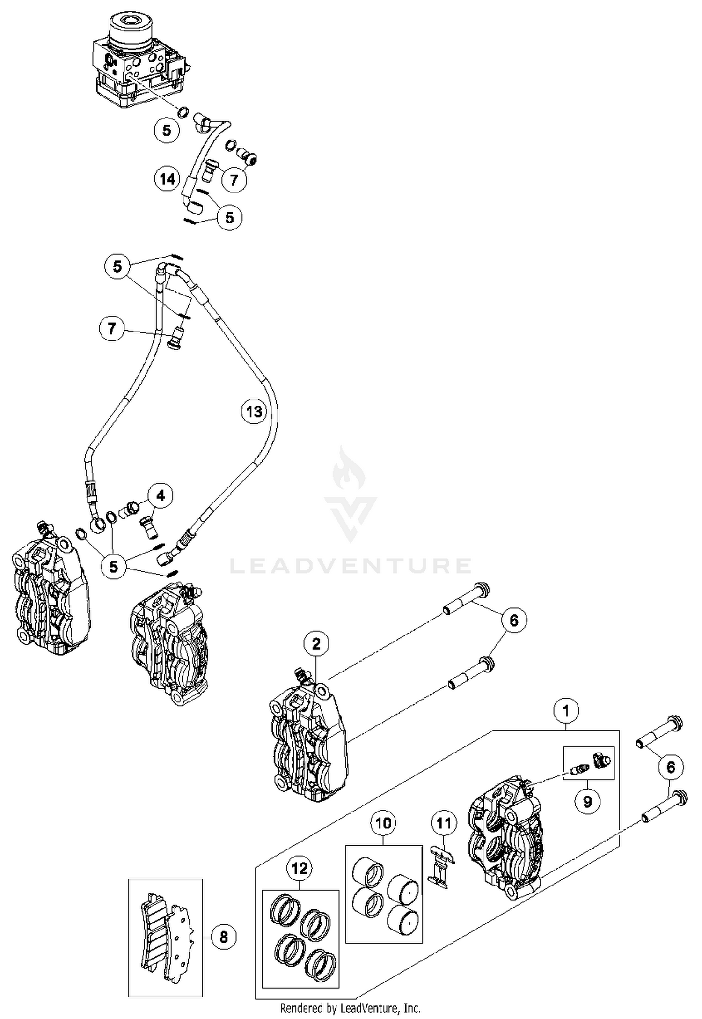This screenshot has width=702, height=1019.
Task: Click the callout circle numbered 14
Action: [x=168, y=179]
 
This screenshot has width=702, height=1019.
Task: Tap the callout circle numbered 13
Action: [x=254, y=412]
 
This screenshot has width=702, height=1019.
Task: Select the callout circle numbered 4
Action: [x=161, y=495]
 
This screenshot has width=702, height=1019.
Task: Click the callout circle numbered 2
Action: [x=316, y=644]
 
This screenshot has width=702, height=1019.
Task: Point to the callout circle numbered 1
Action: [x=566, y=711]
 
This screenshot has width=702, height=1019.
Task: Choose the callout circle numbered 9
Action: [x=587, y=801]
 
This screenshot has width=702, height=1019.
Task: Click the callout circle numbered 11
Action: [x=444, y=823]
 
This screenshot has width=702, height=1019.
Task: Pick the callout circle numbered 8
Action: [x=224, y=937]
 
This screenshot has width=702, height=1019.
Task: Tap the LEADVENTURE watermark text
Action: [x=351, y=566]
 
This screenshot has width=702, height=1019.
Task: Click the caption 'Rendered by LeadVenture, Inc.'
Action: [x=351, y=1008]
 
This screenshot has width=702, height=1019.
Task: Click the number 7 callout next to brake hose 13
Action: [x=111, y=328]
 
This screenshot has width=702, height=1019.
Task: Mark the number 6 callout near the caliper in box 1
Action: [x=671, y=767]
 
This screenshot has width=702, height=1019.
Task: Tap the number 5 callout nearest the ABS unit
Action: [x=167, y=130]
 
